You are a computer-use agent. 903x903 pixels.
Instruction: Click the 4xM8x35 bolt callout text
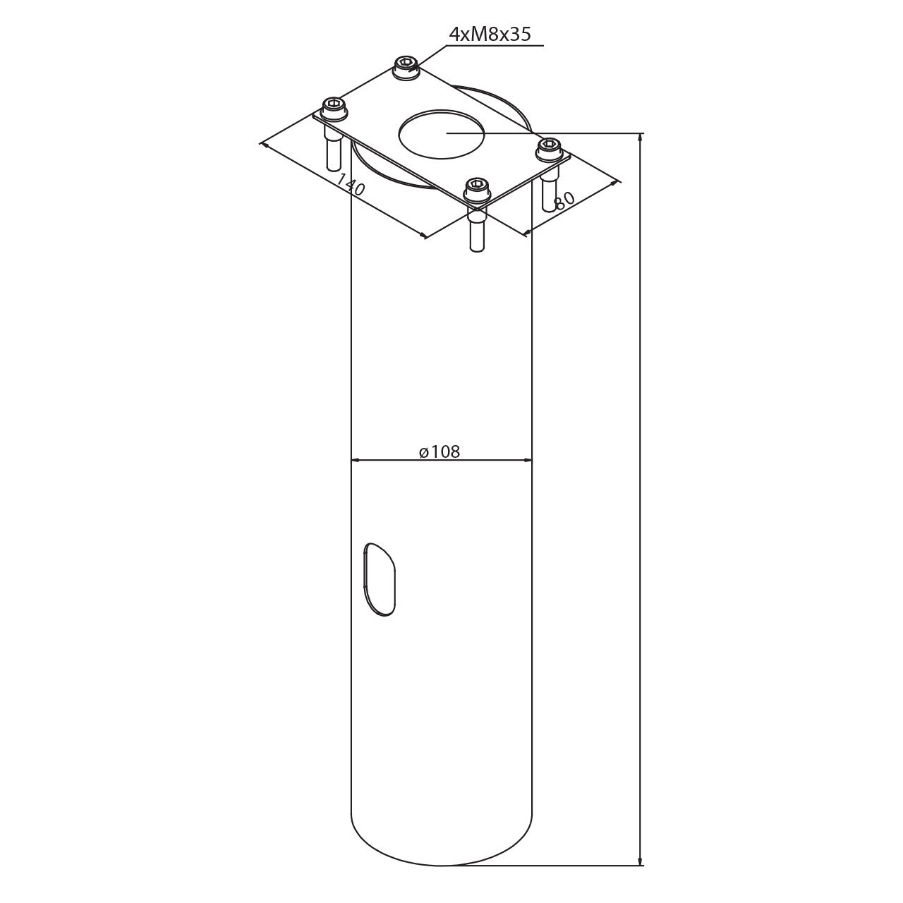(490, 34)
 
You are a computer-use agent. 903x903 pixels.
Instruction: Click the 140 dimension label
(351, 185)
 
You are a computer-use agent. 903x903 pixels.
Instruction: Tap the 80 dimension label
(564, 200)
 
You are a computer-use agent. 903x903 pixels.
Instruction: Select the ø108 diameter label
(440, 451)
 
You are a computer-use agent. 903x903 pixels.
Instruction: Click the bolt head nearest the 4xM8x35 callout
(406, 67)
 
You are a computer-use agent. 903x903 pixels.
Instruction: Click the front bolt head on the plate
(477, 188)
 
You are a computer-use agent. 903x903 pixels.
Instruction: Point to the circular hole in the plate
(442, 135)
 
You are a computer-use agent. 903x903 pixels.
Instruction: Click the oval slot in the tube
(380, 579)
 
